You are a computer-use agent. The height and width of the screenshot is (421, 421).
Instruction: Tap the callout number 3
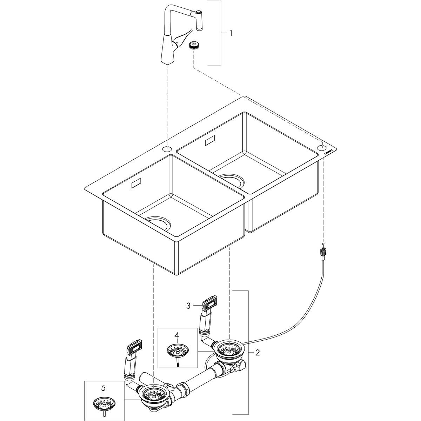(188, 306)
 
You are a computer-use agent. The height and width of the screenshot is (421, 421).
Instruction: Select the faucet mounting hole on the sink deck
(167, 149)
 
